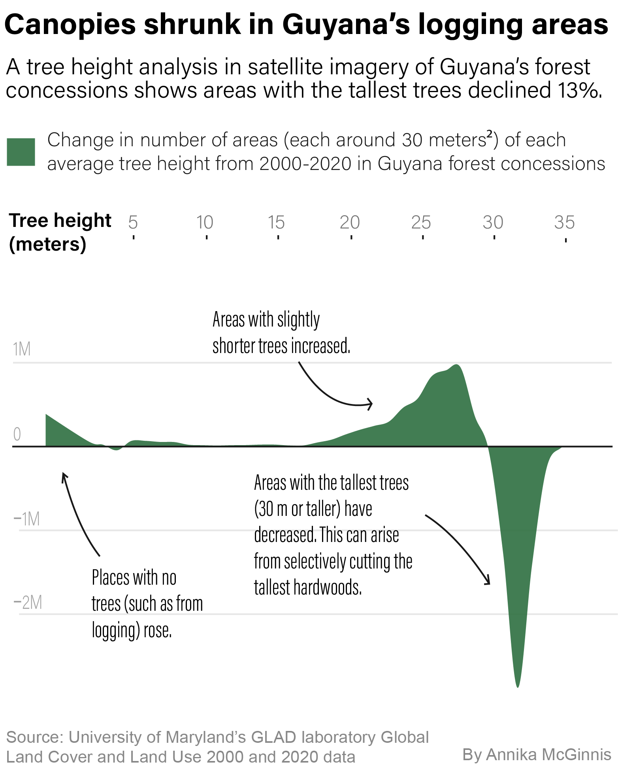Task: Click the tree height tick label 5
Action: click(133, 223)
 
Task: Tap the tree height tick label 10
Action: click(205, 223)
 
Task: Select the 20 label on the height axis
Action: click(350, 223)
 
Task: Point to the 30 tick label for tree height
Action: click(493, 223)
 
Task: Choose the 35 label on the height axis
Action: click(564, 223)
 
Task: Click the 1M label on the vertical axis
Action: click(22, 349)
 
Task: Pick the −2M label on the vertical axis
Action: click(28, 603)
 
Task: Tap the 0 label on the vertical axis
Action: click(17, 434)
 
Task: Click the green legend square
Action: click(21, 152)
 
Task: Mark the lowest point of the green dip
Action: click(518, 687)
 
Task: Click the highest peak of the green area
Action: click(457, 365)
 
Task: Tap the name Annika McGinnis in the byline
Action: click(549, 754)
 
